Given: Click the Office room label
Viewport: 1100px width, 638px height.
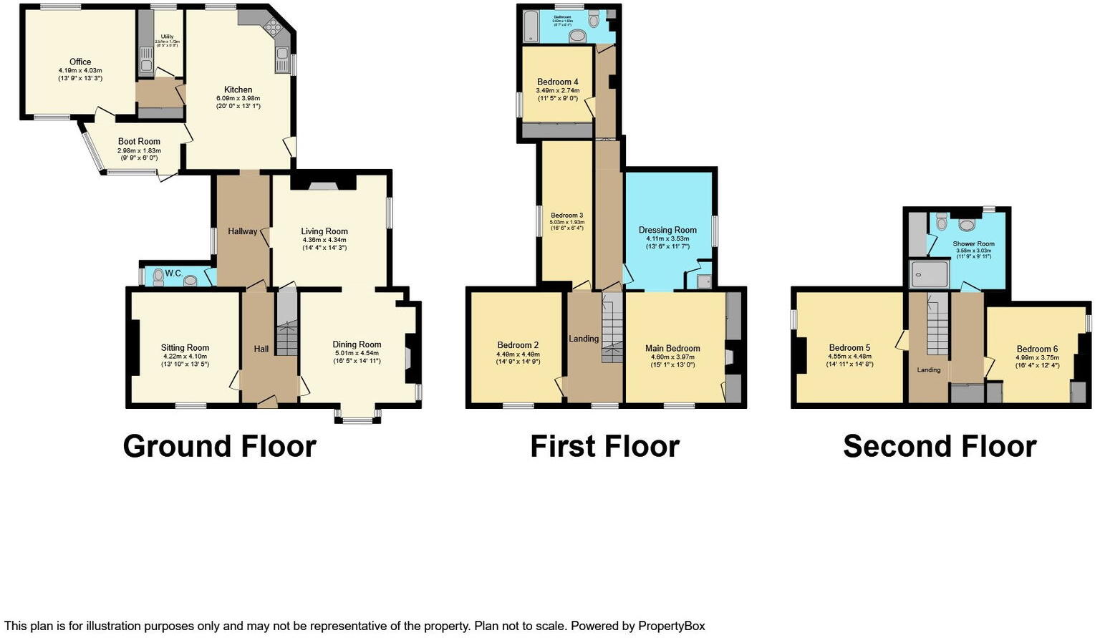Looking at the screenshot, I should tap(80, 62).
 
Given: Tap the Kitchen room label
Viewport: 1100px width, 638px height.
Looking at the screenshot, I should tap(238, 90).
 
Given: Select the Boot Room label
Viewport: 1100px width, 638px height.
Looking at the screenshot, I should tap(139, 142).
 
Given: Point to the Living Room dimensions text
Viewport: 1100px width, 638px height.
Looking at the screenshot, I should tap(324, 243).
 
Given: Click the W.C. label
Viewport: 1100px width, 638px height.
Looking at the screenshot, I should tap(173, 274).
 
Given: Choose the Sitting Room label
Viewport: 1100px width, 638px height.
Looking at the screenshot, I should tap(185, 348).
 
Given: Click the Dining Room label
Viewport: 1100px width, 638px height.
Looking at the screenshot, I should tap(357, 344).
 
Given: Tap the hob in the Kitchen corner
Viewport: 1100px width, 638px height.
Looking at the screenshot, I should tap(274, 28).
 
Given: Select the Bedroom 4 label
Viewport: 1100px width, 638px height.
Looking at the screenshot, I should tap(557, 82).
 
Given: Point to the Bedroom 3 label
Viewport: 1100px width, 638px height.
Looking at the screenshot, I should tap(566, 215).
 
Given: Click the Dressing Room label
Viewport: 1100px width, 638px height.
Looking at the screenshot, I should tap(667, 231).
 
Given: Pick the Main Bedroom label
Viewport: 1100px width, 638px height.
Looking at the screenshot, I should tap(672, 349).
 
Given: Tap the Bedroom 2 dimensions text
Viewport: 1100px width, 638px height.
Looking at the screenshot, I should tap(517, 358).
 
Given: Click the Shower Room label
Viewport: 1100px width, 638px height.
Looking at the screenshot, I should tap(973, 243).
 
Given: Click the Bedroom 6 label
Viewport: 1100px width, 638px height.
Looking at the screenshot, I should tap(1037, 349).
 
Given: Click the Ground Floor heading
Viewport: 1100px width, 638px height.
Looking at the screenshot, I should tap(219, 446).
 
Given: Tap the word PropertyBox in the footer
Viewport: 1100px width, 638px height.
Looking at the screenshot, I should tap(671, 626).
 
